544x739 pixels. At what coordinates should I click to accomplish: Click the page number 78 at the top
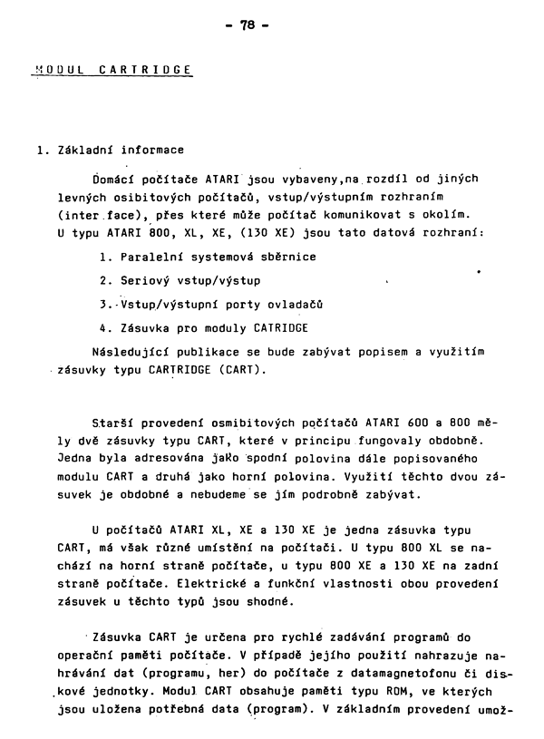click(273, 26)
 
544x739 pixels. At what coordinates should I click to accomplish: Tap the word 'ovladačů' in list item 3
click(294, 303)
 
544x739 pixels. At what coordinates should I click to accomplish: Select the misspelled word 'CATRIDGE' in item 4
click(278, 327)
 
